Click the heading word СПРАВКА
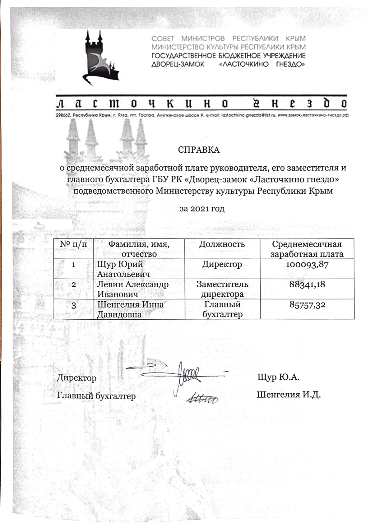pyautogui.click(x=199, y=150)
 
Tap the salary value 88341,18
pyautogui.click(x=307, y=284)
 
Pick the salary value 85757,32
pyautogui.click(x=307, y=304)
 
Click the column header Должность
pyautogui.click(x=222, y=244)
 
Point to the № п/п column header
pyautogui.click(x=74, y=244)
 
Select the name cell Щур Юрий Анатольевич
pyautogui.click(x=123, y=269)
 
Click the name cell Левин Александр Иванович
pyautogui.click(x=133, y=289)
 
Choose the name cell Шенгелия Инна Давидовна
pyautogui.click(x=131, y=309)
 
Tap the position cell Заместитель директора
pyautogui.click(x=222, y=289)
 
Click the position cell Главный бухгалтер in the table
pyautogui.click(x=222, y=309)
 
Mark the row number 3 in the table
pyautogui.click(x=74, y=305)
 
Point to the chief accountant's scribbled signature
pyautogui.click(x=201, y=398)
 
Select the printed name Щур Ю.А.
pyautogui.click(x=278, y=377)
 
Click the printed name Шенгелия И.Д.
pyautogui.click(x=289, y=395)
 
